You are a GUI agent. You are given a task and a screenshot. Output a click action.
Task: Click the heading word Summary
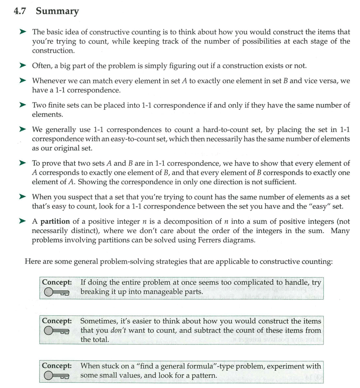[x=57, y=12]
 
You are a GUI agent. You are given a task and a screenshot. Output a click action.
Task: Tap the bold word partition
[x=55, y=222]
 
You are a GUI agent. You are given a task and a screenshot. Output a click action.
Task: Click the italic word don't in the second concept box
[x=119, y=330]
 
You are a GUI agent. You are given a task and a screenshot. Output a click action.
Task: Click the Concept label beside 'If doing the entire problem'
[x=57, y=282]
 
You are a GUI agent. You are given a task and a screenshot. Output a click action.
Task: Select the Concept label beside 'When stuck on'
[x=57, y=366]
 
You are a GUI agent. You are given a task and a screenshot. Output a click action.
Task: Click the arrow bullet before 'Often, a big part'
[x=23, y=66]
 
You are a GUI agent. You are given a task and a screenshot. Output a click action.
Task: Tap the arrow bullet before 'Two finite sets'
[x=23, y=105]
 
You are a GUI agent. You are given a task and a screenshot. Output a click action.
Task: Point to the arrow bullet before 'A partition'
[x=23, y=222]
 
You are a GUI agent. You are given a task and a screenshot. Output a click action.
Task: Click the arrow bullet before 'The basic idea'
[x=23, y=32]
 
